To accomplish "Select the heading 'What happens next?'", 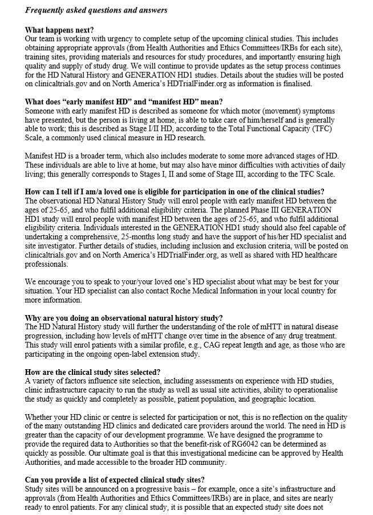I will click(60, 30).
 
